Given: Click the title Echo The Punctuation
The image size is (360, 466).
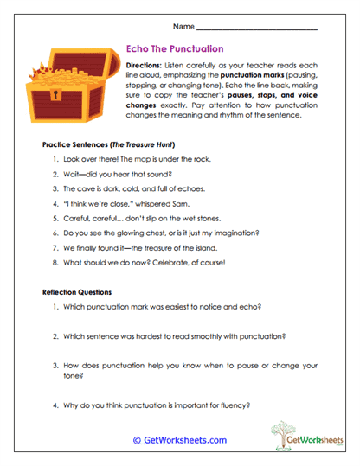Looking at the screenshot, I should (175, 49).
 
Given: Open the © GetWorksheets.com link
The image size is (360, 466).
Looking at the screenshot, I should (180, 440).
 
